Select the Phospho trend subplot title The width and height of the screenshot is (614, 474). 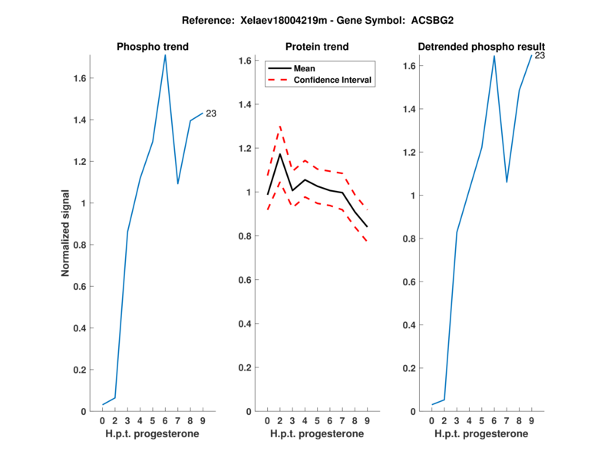pyautogui.click(x=153, y=47)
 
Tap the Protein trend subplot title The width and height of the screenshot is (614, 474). pyautogui.click(x=316, y=47)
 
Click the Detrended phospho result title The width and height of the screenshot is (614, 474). pyautogui.click(x=481, y=47)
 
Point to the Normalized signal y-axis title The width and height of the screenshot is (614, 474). pyautogui.click(x=66, y=233)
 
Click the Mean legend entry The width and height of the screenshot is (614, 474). pyautogui.click(x=305, y=68)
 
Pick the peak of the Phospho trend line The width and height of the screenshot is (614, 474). pyautogui.click(x=165, y=54)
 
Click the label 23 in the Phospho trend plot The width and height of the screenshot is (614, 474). pyautogui.click(x=211, y=114)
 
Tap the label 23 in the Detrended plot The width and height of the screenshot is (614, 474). pyautogui.click(x=540, y=55)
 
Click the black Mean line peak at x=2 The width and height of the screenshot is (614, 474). pyautogui.click(x=280, y=154)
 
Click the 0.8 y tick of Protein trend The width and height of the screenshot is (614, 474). pyautogui.click(x=246, y=236)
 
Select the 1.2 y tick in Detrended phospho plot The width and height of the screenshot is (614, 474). pyautogui.click(x=410, y=153)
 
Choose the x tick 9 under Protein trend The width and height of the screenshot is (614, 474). pyautogui.click(x=367, y=421)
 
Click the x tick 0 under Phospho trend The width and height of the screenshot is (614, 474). pyautogui.click(x=103, y=421)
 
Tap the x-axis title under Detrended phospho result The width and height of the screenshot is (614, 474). pyautogui.click(x=481, y=433)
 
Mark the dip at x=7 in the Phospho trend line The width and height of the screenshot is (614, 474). pyautogui.click(x=177, y=183)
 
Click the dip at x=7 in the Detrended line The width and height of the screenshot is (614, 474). pyautogui.click(x=507, y=182)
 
